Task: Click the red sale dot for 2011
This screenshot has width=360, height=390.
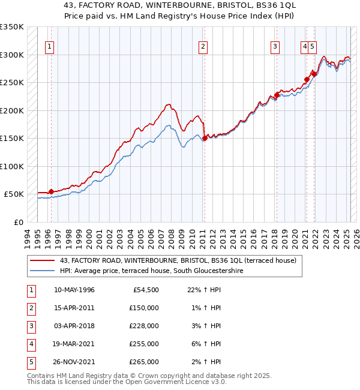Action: click(205, 138)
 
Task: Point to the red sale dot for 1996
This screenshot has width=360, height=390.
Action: click(51, 191)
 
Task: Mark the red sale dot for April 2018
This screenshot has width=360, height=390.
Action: click(277, 94)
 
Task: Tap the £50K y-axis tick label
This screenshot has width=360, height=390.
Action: click(14, 194)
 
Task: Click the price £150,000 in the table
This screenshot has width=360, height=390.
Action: click(144, 308)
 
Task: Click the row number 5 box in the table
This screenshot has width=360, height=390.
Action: click(30, 362)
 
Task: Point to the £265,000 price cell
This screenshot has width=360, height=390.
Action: click(144, 362)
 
